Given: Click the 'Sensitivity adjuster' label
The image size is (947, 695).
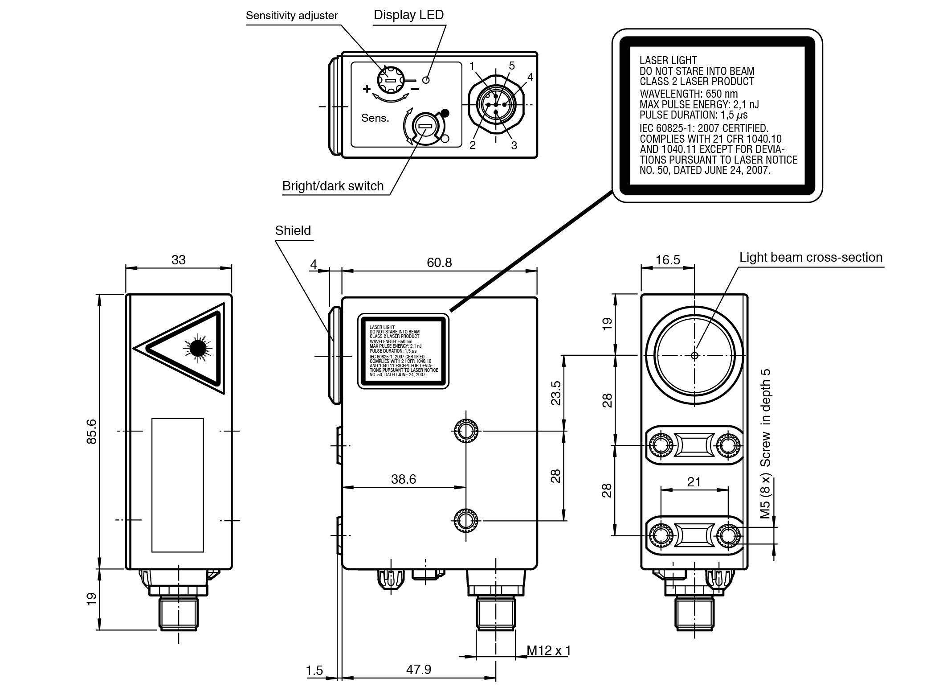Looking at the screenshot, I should pyautogui.click(x=292, y=16).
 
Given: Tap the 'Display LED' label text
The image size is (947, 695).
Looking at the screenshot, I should pyautogui.click(x=408, y=15).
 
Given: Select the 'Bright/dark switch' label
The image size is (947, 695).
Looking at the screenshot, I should pyautogui.click(x=333, y=186).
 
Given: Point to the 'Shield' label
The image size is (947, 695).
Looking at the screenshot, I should pyautogui.click(x=293, y=230).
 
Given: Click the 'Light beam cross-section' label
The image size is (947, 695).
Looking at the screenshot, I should pyautogui.click(x=811, y=257).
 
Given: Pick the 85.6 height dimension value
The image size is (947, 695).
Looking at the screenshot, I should pyautogui.click(x=91, y=431).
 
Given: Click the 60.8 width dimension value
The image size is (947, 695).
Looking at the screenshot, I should pyautogui.click(x=439, y=262).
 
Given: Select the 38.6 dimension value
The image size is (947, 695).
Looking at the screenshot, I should pyautogui.click(x=404, y=479).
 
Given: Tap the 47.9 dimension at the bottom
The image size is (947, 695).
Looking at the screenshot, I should pyautogui.click(x=419, y=669).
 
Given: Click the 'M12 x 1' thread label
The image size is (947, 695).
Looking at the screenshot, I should pyautogui.click(x=548, y=650).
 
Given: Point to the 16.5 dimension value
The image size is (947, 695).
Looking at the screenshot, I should pyautogui.click(x=668, y=260).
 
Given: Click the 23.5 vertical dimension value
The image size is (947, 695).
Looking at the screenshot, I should pyautogui.click(x=556, y=393).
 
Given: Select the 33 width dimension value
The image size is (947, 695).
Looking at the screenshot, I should pyautogui.click(x=178, y=260).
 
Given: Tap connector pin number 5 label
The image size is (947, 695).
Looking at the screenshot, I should pyautogui.click(x=512, y=66).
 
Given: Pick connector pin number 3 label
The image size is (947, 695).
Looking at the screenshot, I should pyautogui.click(x=514, y=145).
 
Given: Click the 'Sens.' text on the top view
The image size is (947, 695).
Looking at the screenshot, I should pyautogui.click(x=375, y=118).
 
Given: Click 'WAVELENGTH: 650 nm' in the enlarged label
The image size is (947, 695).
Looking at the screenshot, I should pyautogui.click(x=689, y=94).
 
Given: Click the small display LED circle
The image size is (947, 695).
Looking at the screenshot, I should pyautogui.click(x=426, y=80).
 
